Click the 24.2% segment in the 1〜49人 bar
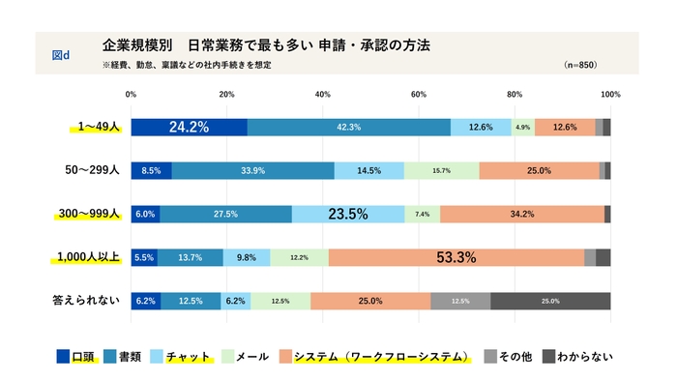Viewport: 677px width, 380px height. click(189, 127)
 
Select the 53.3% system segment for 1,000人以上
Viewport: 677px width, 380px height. click(456, 257)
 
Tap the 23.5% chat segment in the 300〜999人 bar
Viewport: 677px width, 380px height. click(348, 214)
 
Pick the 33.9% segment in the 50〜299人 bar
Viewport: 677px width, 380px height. click(253, 170)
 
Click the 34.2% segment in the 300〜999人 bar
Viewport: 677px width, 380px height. click(521, 214)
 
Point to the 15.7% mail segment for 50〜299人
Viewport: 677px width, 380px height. click(441, 170)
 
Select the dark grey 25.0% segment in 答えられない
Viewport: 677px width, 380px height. click(550, 301)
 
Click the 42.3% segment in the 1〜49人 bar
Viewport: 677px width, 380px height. click(349, 127)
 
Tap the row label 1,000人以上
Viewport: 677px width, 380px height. click(85, 257)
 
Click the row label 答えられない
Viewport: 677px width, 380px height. click(85, 301)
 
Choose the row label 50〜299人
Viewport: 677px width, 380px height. click(91, 170)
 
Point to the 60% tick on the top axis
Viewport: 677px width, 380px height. click(419, 95)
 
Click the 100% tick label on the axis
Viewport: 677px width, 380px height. click(609, 95)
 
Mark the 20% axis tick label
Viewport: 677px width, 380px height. click(227, 95)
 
